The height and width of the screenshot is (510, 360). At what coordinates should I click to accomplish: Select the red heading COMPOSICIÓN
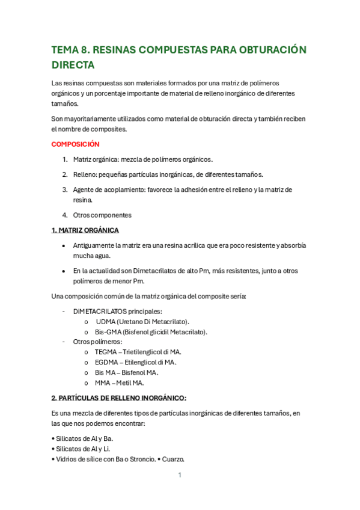pos(75,144)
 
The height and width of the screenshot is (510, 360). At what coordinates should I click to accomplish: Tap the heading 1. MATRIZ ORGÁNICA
pos(85,230)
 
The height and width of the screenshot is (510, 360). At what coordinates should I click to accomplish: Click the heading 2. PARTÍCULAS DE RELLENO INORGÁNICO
pos(119,398)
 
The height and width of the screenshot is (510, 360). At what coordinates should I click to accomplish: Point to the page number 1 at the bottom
pos(180,475)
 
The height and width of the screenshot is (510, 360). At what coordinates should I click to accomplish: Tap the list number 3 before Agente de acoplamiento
pos(65,189)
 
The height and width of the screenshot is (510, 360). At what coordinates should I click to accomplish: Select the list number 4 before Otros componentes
pos(65,215)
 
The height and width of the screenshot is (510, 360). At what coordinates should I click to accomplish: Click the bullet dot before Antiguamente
pos(64,246)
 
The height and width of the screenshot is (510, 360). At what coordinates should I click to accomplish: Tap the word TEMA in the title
pos(66,49)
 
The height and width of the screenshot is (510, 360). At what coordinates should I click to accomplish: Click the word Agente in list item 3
pos(84,189)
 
